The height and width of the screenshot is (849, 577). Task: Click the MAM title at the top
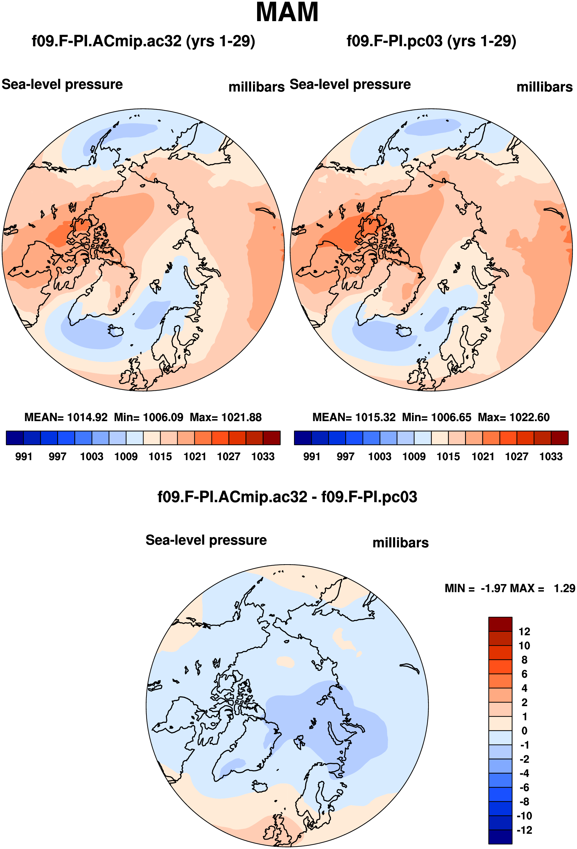tap(287, 12)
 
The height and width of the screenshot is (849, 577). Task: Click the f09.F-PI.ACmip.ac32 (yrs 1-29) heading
tap(143, 41)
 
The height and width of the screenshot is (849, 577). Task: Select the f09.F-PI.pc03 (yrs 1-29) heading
tap(431, 41)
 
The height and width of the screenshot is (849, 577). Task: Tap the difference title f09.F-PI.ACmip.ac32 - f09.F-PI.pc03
tap(287, 497)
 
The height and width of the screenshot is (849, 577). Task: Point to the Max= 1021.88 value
tap(226, 417)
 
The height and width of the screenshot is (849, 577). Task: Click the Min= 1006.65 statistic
tap(437, 417)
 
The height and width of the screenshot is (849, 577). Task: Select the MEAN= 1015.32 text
tap(354, 417)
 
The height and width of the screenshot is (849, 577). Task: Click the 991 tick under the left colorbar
tap(24, 457)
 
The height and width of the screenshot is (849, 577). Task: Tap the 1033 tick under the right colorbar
tap(551, 457)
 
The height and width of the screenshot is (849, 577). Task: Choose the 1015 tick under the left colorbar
tap(160, 457)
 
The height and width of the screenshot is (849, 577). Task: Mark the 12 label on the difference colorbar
tap(524, 632)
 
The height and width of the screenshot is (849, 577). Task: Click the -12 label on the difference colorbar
tap(524, 830)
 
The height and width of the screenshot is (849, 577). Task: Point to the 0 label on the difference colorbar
tap(524, 731)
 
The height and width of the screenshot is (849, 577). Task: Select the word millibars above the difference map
tap(401, 543)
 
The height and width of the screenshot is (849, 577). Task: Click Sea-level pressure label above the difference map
tap(206, 540)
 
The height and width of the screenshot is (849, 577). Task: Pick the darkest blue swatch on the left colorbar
tap(15, 438)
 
